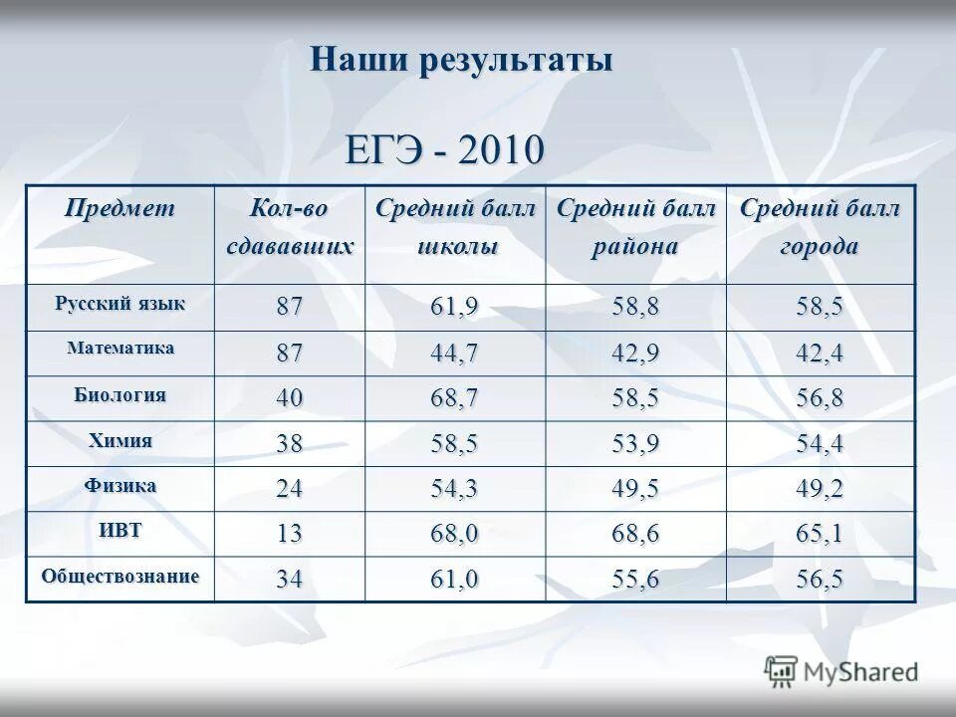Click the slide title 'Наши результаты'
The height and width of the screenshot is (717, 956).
tap(461, 60)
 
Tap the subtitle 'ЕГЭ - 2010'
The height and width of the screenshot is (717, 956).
tap(445, 150)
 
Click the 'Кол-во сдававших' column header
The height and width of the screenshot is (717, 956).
tap(289, 228)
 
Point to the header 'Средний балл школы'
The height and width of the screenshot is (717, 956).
tap(455, 228)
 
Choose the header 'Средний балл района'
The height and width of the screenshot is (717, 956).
tap(635, 228)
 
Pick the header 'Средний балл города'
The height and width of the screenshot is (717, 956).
tap(819, 228)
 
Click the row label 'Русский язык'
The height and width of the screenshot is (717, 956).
tap(119, 303)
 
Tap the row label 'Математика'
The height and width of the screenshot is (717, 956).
tap(119, 349)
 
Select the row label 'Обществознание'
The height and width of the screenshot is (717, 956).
tap(119, 576)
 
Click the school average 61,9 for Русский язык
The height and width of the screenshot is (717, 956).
tap(454, 308)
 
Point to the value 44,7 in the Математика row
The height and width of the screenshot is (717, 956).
tap(454, 354)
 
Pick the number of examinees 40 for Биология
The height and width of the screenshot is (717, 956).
tap(289, 399)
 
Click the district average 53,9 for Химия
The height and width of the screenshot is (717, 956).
tap(634, 444)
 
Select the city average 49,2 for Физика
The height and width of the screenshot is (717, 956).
tap(819, 490)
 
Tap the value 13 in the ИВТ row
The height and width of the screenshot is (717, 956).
tap(289, 535)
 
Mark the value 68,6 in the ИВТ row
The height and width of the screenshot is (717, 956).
tap(634, 535)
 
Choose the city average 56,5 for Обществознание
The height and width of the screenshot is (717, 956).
tap(819, 581)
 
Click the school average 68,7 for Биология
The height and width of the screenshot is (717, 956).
tap(454, 399)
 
